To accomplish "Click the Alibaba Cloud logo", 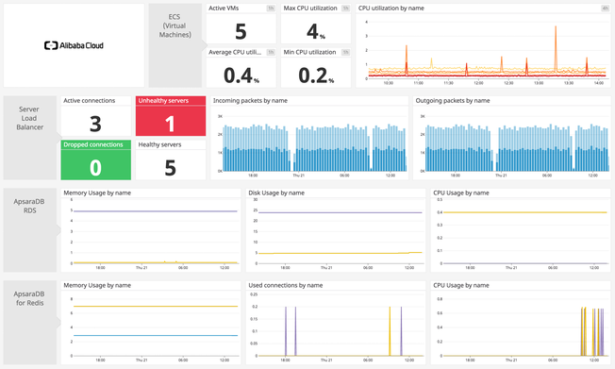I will (75, 44).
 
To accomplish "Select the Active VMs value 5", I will (241, 30).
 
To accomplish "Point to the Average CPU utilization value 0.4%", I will (241, 74).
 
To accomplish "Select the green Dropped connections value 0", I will (95, 166).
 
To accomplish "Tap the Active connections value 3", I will (95, 123).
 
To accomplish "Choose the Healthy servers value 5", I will (170, 167).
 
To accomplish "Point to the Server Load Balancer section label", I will (29, 118).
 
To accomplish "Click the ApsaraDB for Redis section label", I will (29, 298).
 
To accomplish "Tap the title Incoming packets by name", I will (250, 100).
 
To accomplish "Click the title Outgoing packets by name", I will (452, 100).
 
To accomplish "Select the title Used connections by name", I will (286, 284).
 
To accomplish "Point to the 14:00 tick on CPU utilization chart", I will (597, 83).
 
